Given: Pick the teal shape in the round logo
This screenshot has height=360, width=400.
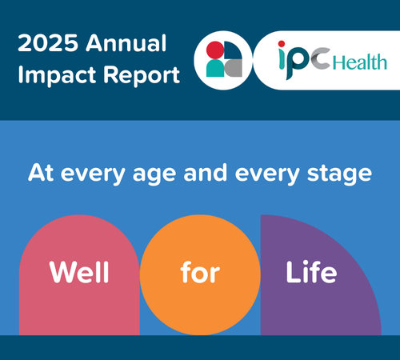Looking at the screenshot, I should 214,69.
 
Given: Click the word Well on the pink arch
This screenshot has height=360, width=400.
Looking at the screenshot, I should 79,273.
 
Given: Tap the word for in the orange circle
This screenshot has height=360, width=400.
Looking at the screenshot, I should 199,273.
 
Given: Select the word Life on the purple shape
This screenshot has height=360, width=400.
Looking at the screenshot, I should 311,273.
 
